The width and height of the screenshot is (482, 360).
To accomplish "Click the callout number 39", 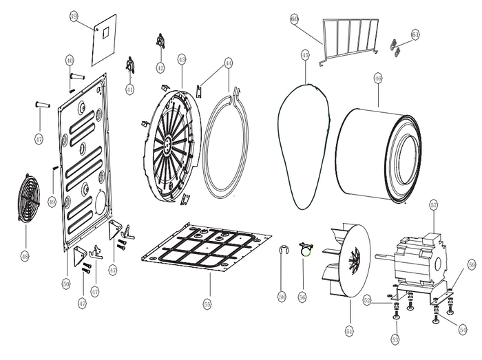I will (74, 15).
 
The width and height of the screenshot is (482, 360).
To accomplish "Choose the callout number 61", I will (415, 34).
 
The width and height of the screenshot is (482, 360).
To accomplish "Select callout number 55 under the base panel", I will (207, 303).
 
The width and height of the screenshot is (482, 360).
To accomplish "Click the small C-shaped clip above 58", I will (283, 250).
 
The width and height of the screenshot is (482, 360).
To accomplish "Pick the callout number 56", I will (302, 296).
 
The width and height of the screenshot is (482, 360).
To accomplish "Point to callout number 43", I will (182, 59).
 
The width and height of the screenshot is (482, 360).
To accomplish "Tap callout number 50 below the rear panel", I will (66, 283).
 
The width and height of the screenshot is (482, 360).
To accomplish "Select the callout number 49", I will (52, 201).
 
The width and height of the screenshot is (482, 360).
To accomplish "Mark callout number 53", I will (395, 339).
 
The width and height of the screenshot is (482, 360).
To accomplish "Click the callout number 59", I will (472, 264).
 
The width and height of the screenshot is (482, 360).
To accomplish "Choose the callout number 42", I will (160, 68).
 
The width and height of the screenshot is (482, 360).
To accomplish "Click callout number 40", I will (70, 60).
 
